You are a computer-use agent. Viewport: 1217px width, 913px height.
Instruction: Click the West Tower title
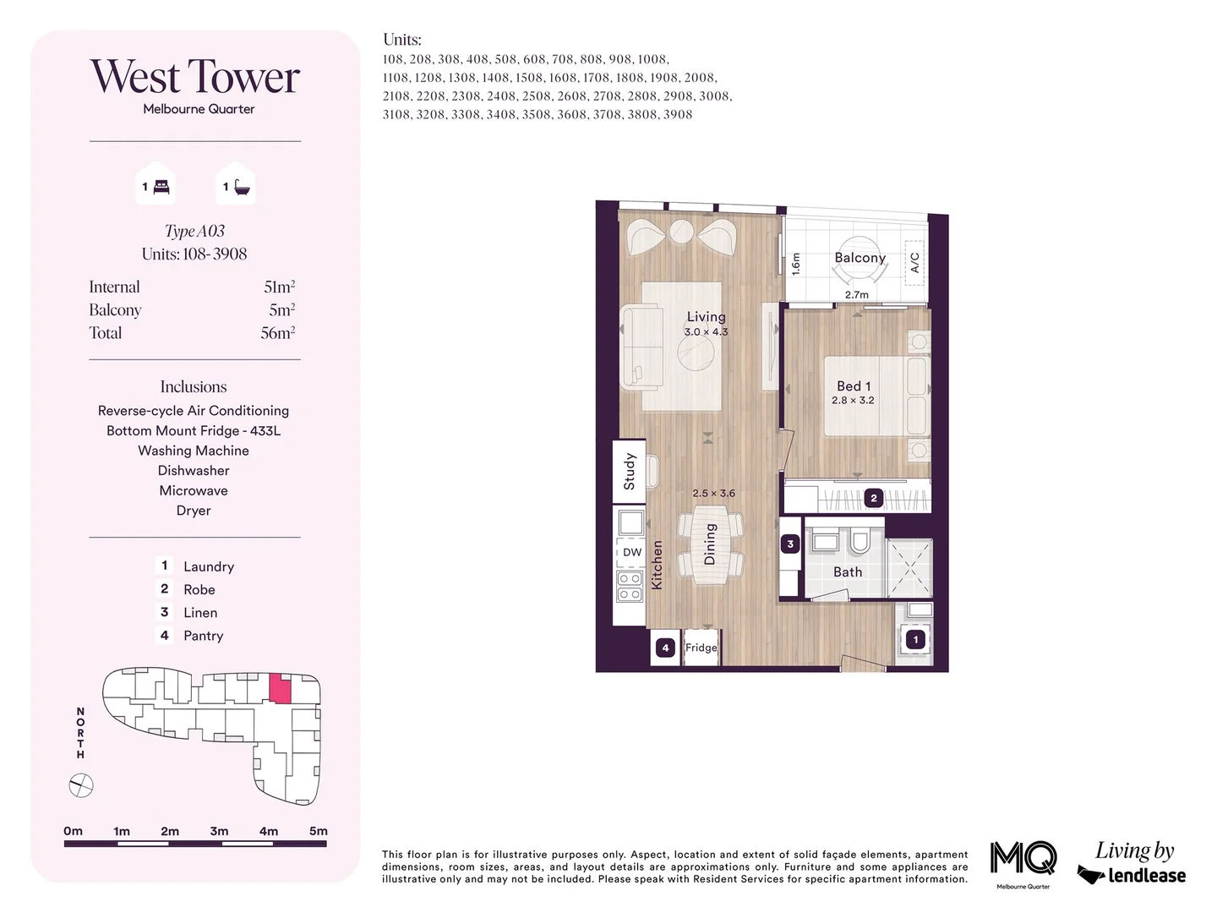tap(195, 77)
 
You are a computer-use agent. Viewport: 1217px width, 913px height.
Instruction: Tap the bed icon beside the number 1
tap(161, 187)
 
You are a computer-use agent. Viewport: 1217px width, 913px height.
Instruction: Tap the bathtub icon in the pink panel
tap(242, 187)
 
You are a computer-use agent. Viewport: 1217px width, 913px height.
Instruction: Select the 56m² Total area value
tap(277, 333)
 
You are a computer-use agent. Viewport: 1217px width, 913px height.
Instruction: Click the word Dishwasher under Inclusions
tap(194, 471)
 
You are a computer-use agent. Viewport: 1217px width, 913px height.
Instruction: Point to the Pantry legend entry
tap(203, 636)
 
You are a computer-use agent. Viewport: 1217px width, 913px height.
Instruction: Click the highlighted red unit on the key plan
tap(281, 689)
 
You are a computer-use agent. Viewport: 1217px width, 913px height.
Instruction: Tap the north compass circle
tap(81, 786)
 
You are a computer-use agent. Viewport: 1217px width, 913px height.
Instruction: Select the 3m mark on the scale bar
tap(219, 832)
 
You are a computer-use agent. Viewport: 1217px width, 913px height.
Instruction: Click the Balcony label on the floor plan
tap(860, 258)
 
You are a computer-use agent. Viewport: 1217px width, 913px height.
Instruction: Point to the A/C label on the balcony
tap(914, 263)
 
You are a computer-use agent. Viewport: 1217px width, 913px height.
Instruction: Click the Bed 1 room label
tap(854, 386)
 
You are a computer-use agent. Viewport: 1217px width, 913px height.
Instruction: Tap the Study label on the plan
tap(629, 471)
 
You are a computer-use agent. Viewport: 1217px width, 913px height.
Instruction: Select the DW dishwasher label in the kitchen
tap(632, 553)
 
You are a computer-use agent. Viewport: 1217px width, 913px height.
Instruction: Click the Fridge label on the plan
tap(701, 648)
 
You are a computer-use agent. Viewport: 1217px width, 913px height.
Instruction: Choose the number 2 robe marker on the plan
tap(874, 498)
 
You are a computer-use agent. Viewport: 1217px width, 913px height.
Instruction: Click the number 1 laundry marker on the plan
tap(915, 640)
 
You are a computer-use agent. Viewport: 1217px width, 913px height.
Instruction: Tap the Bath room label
tap(848, 572)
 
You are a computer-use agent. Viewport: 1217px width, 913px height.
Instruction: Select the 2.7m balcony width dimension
tap(856, 295)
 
